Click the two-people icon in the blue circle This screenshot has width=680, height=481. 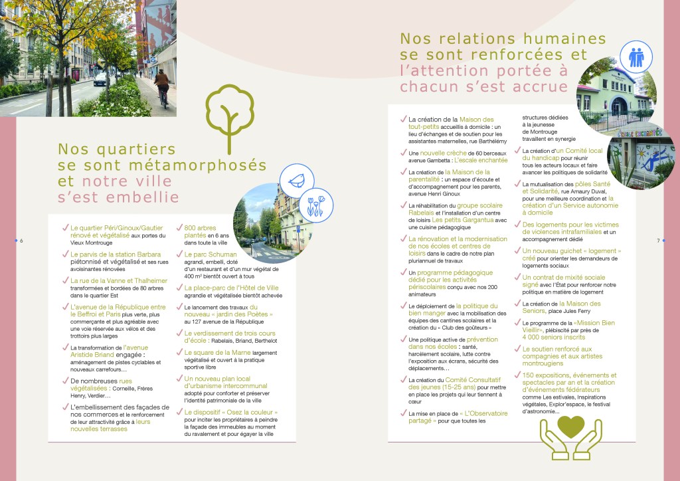[636, 58]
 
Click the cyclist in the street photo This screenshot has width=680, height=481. [161, 86]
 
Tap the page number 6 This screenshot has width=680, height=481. [21, 241]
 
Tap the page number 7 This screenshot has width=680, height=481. [657, 241]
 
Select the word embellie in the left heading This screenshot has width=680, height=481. [149, 197]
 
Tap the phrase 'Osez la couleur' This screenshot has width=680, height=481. [243, 413]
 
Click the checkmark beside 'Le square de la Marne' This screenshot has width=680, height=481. [179, 353]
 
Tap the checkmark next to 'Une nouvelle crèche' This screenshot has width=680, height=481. [403, 153]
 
